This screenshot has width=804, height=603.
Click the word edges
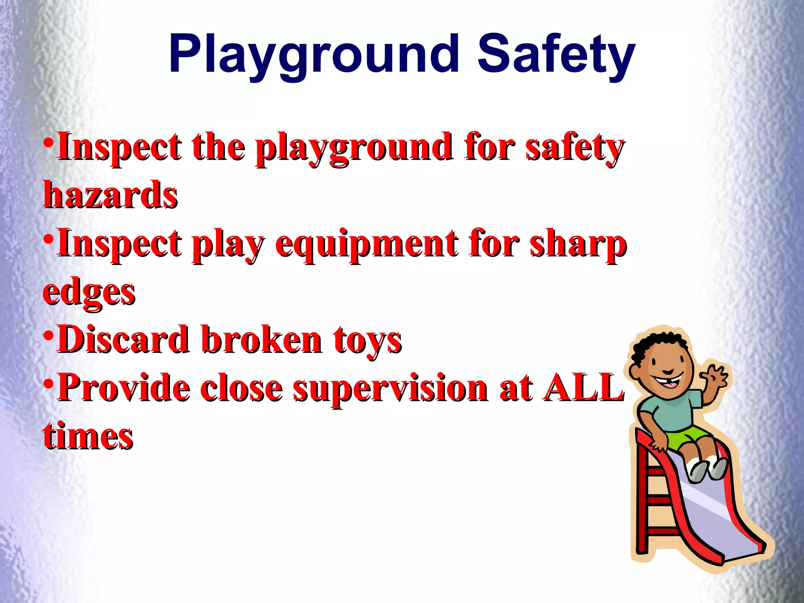coord(89,292)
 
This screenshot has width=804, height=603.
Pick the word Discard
coord(122,339)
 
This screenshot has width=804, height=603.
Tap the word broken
coord(262,339)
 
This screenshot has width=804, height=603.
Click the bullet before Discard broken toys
coord(48,336)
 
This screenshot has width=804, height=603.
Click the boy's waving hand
coord(715,376)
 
